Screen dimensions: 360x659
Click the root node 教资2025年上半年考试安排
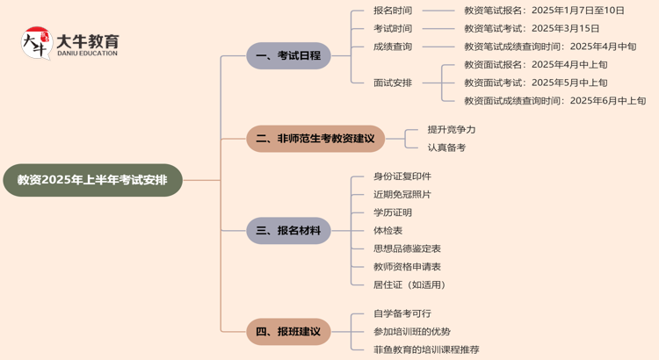[92, 180]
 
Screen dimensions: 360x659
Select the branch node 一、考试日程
[288, 55]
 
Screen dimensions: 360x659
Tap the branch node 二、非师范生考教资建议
[315, 139]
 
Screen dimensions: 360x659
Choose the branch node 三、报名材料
[288, 231]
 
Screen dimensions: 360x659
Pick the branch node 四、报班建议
[288, 332]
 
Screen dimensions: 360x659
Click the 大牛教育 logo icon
[36, 43]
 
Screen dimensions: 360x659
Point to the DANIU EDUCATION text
[87, 54]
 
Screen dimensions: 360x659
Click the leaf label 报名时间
[392, 11]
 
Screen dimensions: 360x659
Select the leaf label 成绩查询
[392, 47]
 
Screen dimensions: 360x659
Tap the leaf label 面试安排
[392, 83]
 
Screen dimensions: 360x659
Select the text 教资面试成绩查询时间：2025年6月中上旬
[554, 101]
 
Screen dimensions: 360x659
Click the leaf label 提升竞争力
[452, 129]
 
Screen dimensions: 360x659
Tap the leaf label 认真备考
[446, 148]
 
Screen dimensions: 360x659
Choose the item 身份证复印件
[402, 176]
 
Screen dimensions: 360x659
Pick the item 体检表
[387, 230]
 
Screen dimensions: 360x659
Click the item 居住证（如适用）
[409, 284]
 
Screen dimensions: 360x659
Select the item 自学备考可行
[402, 313]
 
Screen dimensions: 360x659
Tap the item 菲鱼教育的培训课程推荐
[426, 349]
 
